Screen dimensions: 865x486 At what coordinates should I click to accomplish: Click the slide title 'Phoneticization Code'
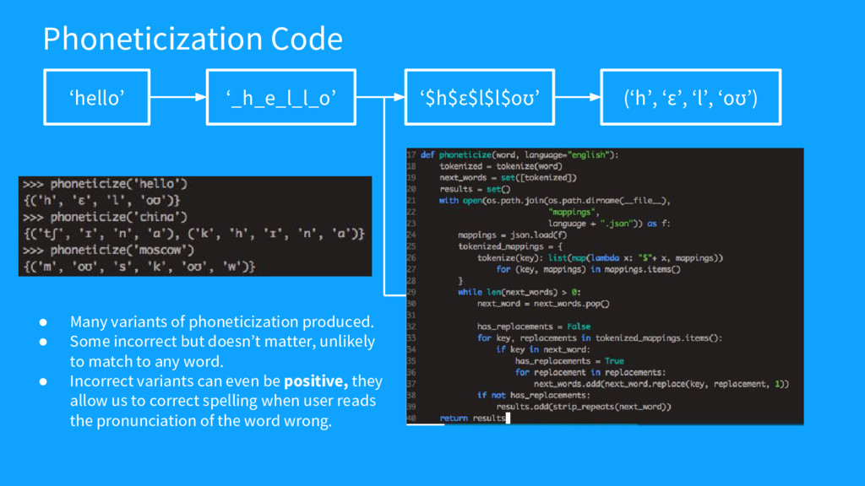193,39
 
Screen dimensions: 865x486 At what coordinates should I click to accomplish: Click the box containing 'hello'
97,98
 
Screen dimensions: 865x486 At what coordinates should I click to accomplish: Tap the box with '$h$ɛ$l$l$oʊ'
480,98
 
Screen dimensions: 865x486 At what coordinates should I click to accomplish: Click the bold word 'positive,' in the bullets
316,381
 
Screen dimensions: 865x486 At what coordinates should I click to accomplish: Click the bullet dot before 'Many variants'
41,321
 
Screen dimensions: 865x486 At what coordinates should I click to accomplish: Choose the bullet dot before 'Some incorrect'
41,342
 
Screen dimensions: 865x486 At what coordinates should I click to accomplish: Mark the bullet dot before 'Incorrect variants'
41,381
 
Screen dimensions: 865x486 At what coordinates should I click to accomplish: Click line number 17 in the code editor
411,155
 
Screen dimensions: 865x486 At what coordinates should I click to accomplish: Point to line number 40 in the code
411,418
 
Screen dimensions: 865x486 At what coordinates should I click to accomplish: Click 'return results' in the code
471,418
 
